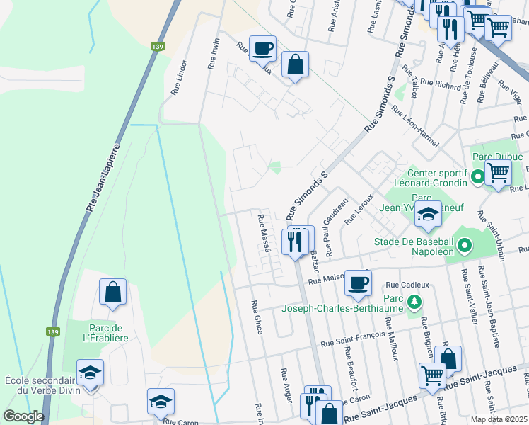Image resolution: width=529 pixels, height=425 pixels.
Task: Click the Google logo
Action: coord(23,416)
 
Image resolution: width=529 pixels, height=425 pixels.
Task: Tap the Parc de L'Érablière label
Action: coord(109,332)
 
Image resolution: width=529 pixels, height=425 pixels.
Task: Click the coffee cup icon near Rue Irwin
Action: coord(262,48)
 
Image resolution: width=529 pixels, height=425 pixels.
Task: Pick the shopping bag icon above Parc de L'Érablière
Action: coord(112,291)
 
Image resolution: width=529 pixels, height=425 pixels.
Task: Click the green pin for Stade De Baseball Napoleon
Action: coord(464,246)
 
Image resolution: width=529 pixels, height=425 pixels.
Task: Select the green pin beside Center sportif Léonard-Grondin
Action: coord(478,176)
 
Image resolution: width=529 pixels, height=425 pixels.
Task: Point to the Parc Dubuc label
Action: coord(496,157)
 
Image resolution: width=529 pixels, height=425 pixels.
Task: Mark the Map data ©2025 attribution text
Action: coord(499,419)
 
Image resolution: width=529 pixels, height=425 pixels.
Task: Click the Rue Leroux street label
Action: coord(359,210)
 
